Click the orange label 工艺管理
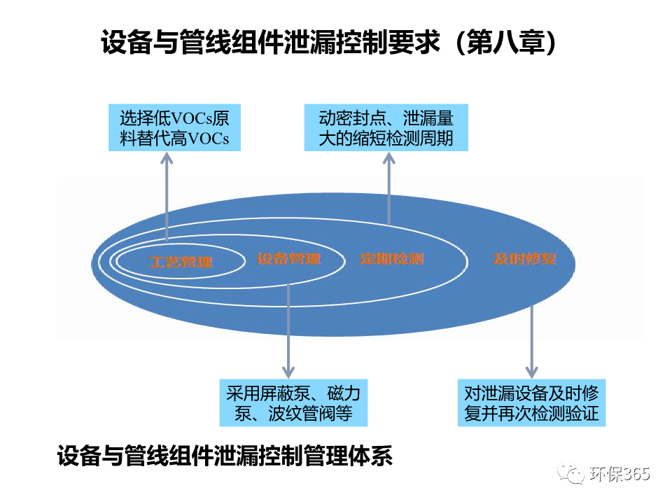pos(181,262)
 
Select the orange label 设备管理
pos(288,258)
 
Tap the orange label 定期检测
pos(392,258)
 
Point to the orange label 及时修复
pos(525,258)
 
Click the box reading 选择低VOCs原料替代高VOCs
pos(174,127)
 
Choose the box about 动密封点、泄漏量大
pos(386,127)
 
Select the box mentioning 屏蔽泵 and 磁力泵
pos(293,403)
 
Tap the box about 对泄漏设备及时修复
pos(531,403)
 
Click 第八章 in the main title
pos(505,42)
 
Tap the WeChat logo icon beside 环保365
pos(571,474)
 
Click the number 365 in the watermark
pos(635,474)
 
